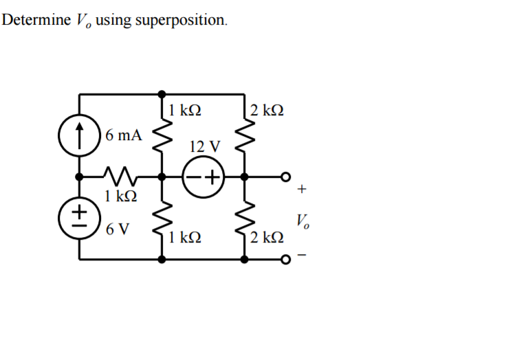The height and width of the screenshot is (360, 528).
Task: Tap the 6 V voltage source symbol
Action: click(x=80, y=215)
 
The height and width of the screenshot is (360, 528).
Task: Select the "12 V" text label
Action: click(x=205, y=146)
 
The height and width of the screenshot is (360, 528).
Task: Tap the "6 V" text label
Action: click(x=118, y=229)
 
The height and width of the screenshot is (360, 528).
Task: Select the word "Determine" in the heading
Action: click(x=36, y=19)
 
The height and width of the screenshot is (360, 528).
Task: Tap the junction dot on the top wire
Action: click(x=162, y=93)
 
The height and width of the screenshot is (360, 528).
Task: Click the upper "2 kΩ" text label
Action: click(x=267, y=110)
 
